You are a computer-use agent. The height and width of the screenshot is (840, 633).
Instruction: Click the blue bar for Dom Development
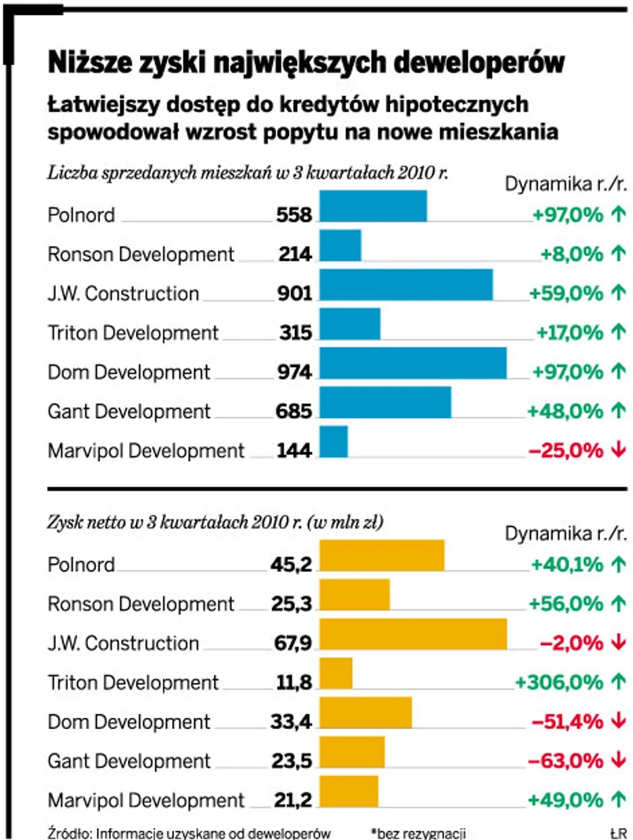pyautogui.click(x=413, y=371)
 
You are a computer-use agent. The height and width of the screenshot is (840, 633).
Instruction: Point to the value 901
pyautogui.click(x=295, y=293)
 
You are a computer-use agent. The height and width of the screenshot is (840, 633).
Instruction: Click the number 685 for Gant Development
pyautogui.click(x=295, y=411)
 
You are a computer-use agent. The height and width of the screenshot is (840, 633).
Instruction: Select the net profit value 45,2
pyautogui.click(x=291, y=565)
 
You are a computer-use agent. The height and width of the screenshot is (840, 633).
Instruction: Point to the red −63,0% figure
pyautogui.click(x=565, y=761)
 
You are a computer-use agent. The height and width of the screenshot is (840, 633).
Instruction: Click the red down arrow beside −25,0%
pyautogui.click(x=617, y=450)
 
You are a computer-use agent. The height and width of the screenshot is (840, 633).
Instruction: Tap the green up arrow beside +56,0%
pyautogui.click(x=617, y=604)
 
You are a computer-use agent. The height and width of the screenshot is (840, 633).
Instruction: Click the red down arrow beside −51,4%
pyautogui.click(x=617, y=721)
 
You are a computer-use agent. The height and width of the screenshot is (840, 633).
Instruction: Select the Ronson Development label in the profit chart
pyautogui.click(x=141, y=604)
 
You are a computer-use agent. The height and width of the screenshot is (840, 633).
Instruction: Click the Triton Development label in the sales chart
pyautogui.click(x=133, y=333)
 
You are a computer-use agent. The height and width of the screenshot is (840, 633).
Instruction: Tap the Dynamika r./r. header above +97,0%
pyautogui.click(x=565, y=183)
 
